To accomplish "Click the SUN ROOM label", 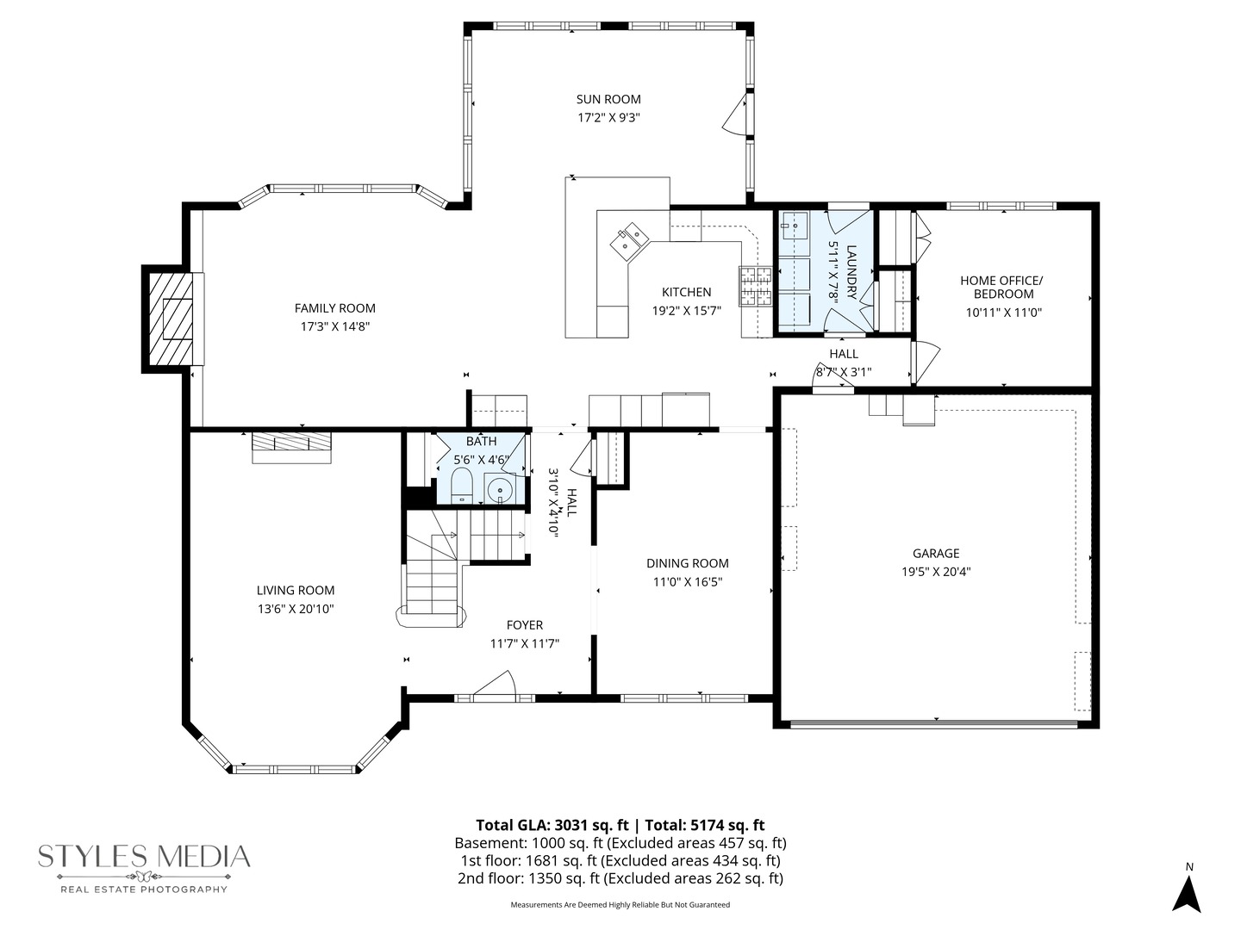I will click(x=608, y=99).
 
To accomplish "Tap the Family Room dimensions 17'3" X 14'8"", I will click(x=334, y=326).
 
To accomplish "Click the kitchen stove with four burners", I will click(x=755, y=287).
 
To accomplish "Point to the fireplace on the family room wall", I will click(x=171, y=319).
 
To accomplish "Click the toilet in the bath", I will click(x=462, y=486).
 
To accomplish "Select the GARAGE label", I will click(x=936, y=554).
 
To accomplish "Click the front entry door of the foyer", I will click(x=494, y=687).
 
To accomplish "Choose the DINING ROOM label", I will click(x=687, y=563).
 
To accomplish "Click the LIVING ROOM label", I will click(x=296, y=590).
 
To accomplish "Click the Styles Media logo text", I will click(x=144, y=856).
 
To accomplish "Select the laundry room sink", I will click(x=794, y=226).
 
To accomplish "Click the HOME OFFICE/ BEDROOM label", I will click(x=1002, y=287).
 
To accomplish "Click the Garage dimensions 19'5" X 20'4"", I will click(x=936, y=571).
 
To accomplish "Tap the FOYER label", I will click(x=524, y=625).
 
